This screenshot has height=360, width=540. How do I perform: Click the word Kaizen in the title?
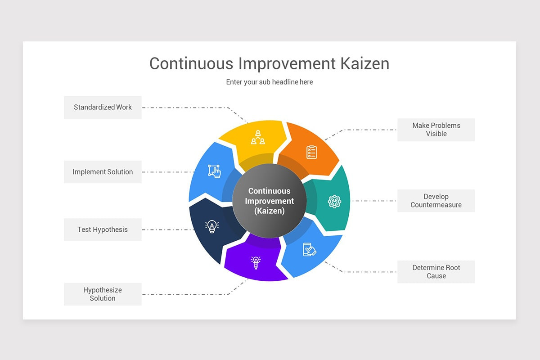364,63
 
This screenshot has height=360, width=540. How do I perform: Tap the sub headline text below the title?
270,82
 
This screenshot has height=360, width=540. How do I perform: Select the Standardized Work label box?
103,107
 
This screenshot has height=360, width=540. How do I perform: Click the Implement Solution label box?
103,172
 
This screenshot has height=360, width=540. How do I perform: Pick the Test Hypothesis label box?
103,229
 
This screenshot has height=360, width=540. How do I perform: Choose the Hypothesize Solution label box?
103,294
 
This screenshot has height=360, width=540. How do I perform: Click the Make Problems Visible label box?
436,130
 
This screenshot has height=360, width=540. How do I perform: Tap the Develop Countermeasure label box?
436,201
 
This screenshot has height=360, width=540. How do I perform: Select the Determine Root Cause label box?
436,272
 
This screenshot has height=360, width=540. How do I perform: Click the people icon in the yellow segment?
258,137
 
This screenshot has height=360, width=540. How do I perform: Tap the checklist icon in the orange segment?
311,152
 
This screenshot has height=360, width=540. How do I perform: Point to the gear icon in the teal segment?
334,201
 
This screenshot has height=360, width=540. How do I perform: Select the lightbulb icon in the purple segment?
256,262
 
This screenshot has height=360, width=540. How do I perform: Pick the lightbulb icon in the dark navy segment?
211,226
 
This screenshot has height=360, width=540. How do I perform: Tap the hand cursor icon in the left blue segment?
214,171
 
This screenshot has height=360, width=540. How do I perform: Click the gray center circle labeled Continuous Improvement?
270,201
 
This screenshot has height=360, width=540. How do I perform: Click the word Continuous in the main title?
191,63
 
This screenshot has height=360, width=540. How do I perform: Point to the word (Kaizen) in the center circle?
270,211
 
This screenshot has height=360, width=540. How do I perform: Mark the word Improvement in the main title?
287,63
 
